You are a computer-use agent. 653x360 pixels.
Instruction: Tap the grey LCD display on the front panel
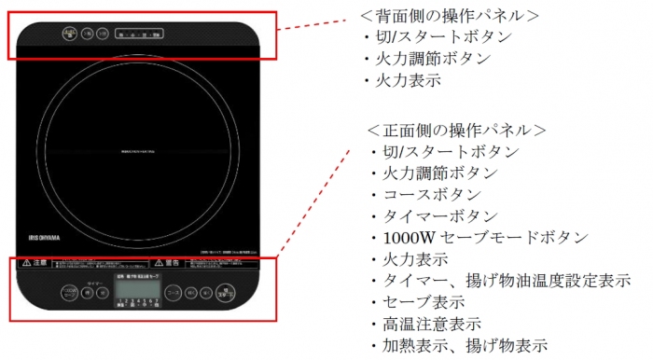coord(136,292)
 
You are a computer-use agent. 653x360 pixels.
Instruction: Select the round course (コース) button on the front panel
coord(174,293)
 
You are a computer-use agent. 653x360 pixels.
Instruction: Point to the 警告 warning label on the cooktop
coord(165,265)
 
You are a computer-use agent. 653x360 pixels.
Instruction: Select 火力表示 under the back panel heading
coord(410,79)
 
